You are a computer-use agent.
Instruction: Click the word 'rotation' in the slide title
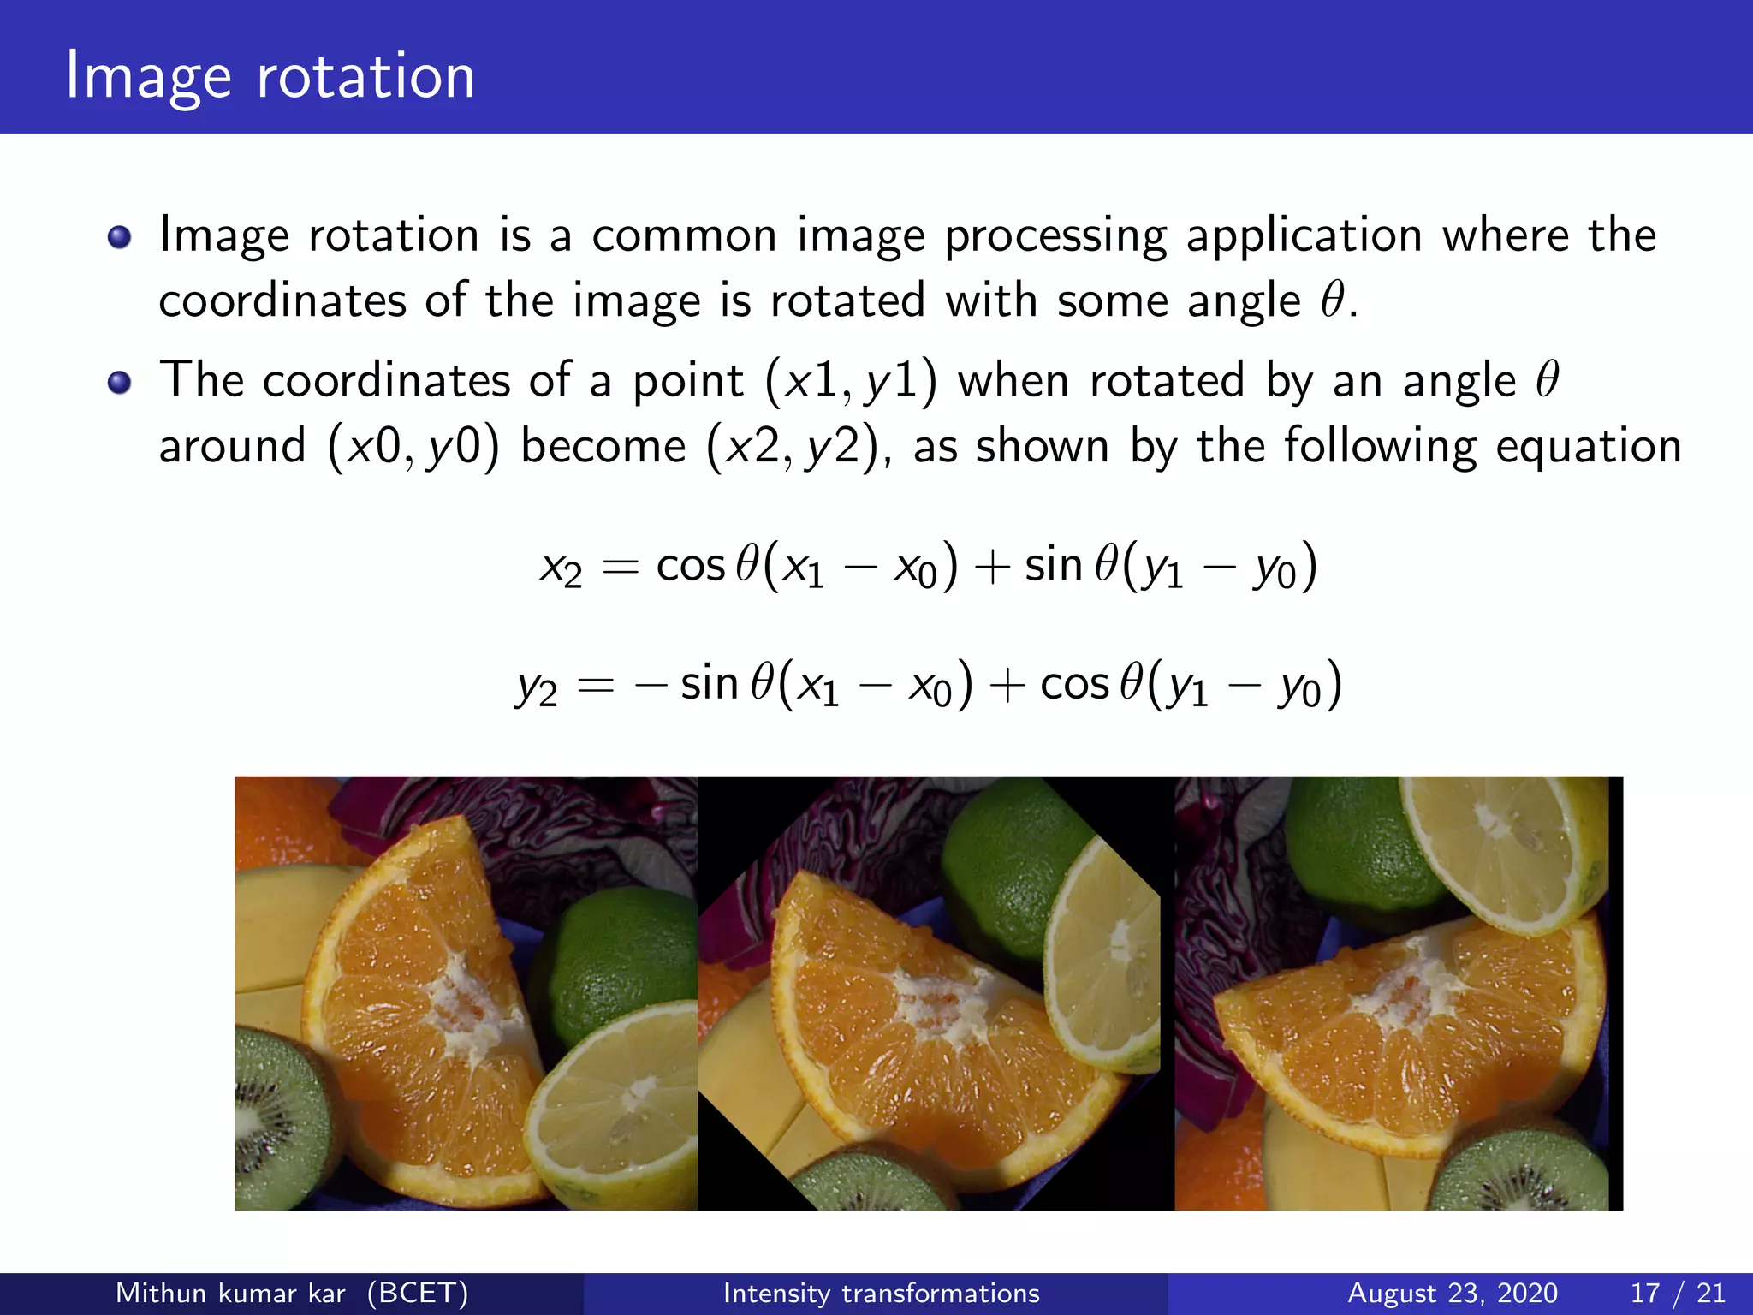[365, 77]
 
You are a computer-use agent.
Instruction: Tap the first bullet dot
[120, 237]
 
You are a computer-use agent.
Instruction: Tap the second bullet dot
[120, 383]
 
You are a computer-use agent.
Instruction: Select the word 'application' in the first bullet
[1304, 237]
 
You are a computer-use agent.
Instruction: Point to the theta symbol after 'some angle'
[1333, 300]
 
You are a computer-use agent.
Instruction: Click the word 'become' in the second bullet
[603, 447]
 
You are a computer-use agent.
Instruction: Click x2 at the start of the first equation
[561, 568]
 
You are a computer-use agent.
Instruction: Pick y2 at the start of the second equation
[537, 687]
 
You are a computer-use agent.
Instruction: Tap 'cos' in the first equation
[690, 566]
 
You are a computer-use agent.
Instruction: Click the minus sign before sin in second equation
[651, 685]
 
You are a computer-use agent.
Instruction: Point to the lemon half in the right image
[1502, 848]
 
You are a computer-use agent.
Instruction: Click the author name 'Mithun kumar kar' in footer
[230, 1293]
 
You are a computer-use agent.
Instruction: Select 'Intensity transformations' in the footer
[881, 1293]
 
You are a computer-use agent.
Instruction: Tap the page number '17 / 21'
[1678, 1293]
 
